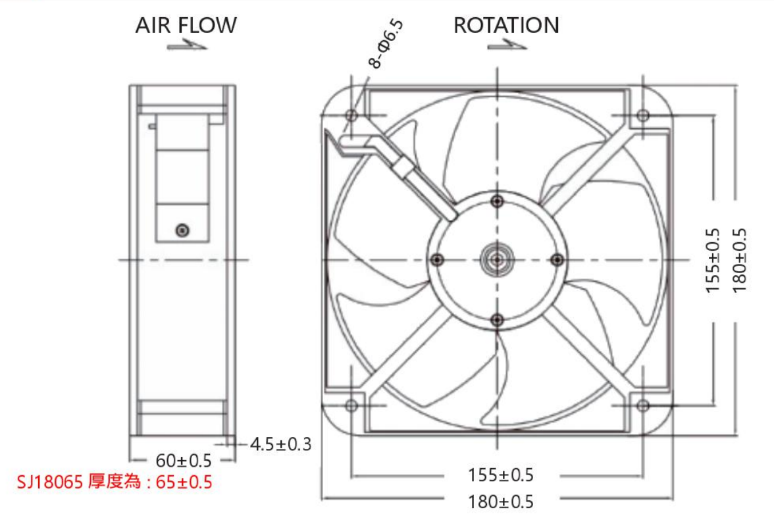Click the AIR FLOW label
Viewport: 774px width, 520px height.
pyautogui.click(x=186, y=25)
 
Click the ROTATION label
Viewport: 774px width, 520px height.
pyautogui.click(x=507, y=25)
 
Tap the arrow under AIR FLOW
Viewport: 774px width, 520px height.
pyautogui.click(x=187, y=46)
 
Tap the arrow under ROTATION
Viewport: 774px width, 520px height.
pyautogui.click(x=507, y=46)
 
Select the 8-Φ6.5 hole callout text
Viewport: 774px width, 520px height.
pyautogui.click(x=386, y=43)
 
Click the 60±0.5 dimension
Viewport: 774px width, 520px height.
pyautogui.click(x=183, y=460)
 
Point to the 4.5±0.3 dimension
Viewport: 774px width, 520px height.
pyautogui.click(x=280, y=444)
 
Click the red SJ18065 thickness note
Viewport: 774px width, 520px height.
pyautogui.click(x=115, y=481)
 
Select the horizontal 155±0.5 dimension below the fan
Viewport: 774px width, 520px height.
pyautogui.click(x=500, y=475)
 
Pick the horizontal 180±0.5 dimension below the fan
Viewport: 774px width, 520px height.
pyautogui.click(x=500, y=502)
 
